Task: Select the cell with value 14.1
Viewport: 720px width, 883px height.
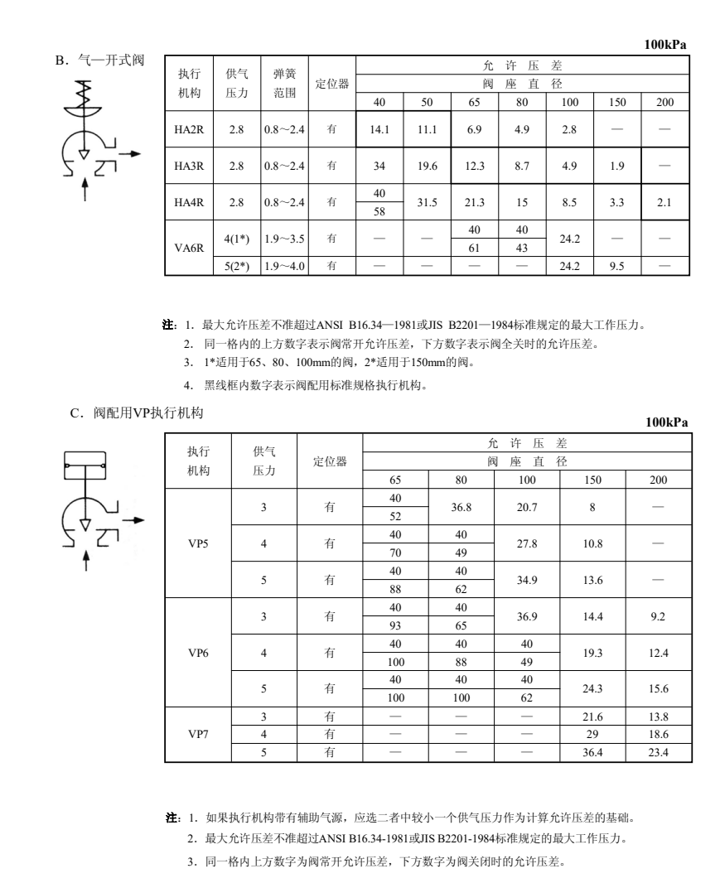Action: pos(379,130)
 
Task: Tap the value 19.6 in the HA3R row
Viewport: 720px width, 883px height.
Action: pos(428,165)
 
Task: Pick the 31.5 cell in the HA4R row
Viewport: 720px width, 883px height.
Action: pos(428,201)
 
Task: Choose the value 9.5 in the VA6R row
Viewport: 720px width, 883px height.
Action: pos(617,267)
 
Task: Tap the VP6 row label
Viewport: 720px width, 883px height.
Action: pos(198,652)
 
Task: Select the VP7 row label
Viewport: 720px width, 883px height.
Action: pos(198,734)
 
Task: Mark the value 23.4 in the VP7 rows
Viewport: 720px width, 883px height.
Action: pos(658,752)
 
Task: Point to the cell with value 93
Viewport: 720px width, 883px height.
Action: pos(395,625)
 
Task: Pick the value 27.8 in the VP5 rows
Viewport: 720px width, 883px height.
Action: pos(527,546)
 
